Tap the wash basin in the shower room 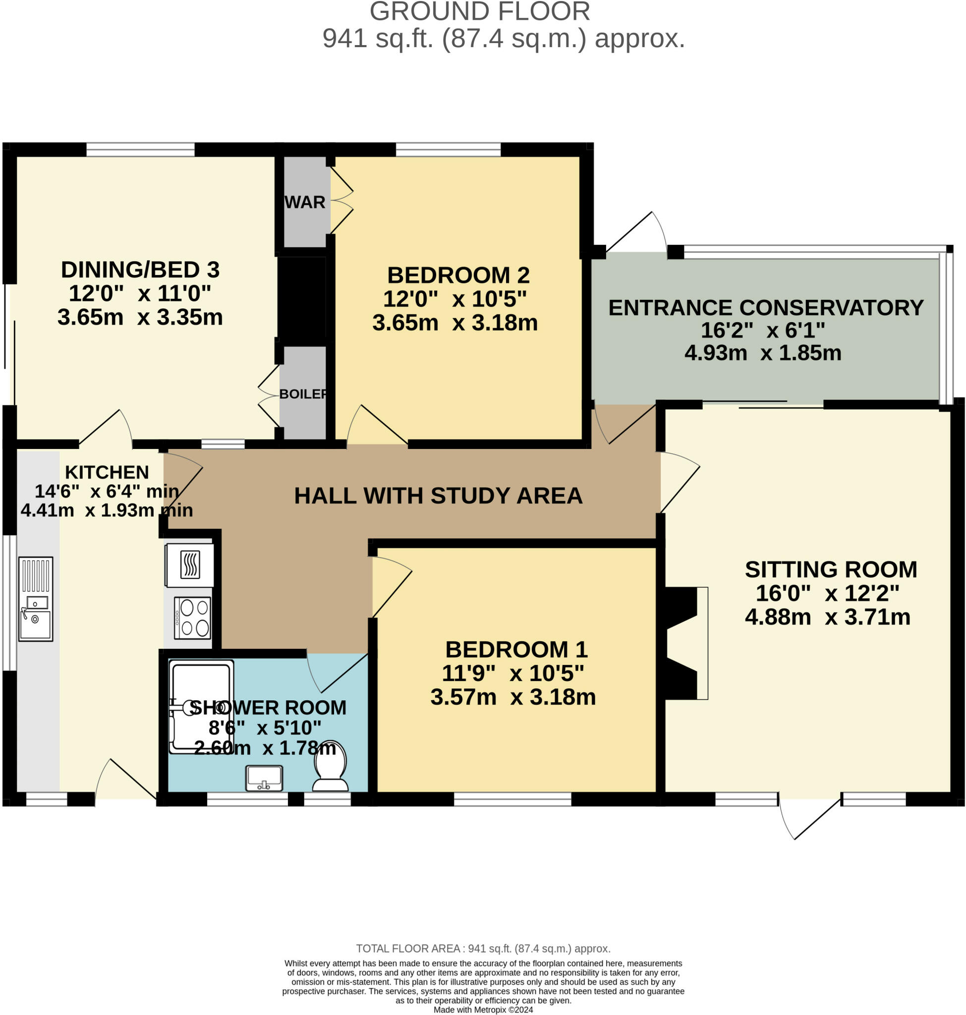264,778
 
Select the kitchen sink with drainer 36,598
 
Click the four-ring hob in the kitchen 193,618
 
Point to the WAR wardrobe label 305,202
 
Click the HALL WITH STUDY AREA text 438,496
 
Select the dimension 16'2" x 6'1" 763,330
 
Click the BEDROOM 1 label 516,649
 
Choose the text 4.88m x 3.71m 828,617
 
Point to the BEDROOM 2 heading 458,275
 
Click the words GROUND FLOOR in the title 479,12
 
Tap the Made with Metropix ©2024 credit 483,1010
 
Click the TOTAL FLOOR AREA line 483,949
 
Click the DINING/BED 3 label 140,269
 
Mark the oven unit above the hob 189,565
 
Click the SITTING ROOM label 831,569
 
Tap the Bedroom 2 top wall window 448,150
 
